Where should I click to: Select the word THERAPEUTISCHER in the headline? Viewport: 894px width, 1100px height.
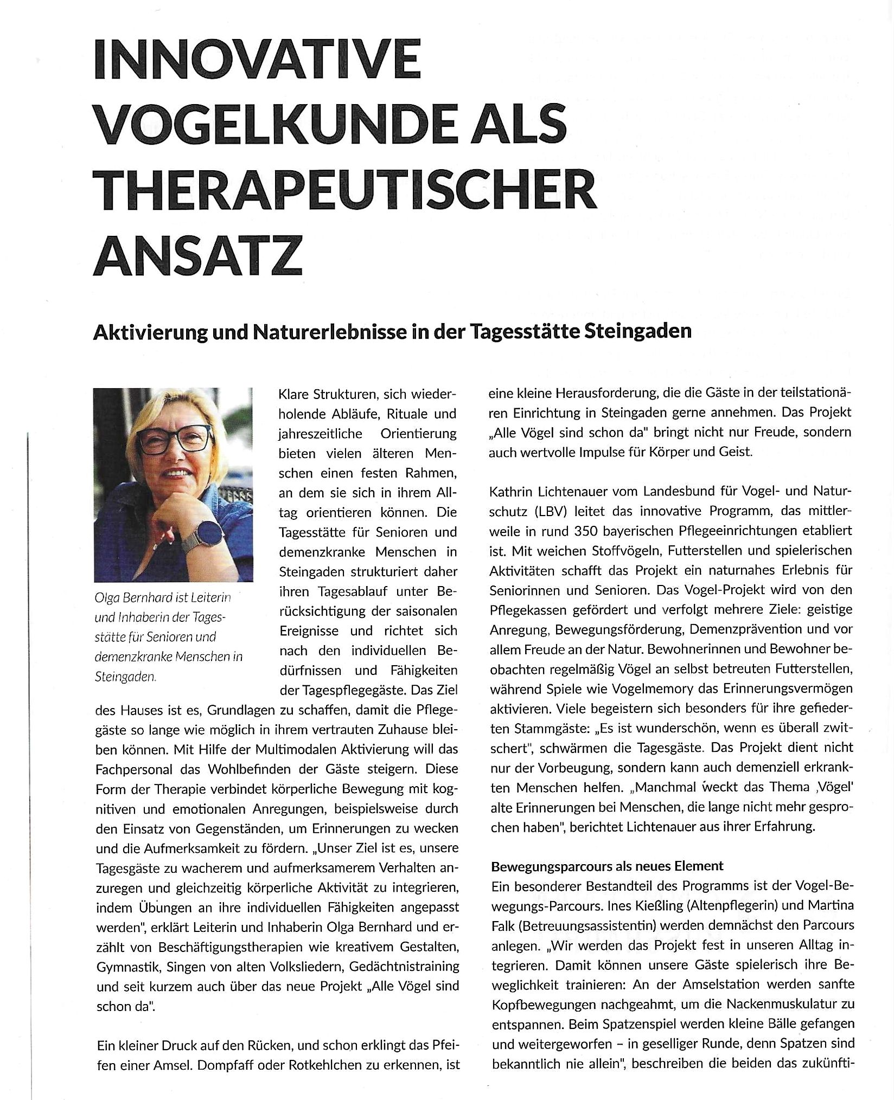point(345,188)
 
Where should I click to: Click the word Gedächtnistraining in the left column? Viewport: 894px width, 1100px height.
point(404,967)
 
